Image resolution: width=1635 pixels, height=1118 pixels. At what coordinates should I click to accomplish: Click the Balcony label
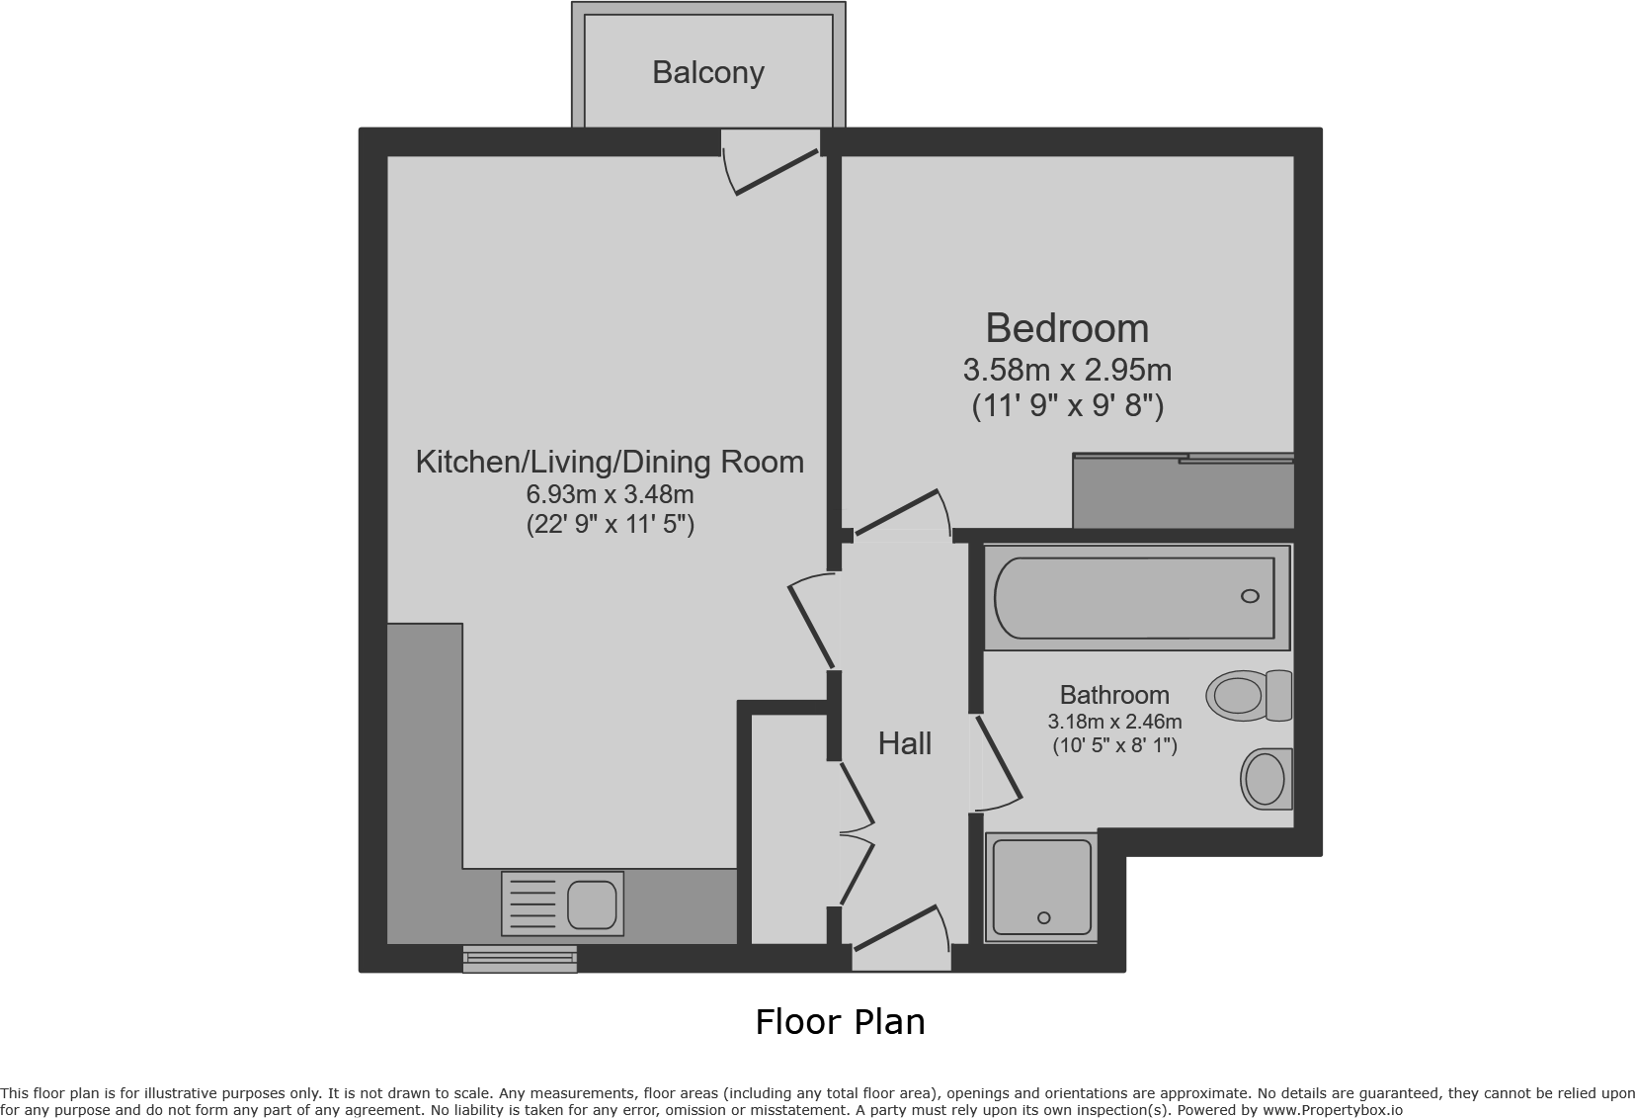(707, 72)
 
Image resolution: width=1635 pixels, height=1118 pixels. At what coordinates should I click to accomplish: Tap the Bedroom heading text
(1067, 327)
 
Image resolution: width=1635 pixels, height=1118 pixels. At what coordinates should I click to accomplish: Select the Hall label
(904, 743)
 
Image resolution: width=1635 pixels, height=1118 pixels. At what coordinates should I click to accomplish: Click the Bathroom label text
(1114, 695)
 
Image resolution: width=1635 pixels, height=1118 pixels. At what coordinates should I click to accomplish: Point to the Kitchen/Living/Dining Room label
(610, 462)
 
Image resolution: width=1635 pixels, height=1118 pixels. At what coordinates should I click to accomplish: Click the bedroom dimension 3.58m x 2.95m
(1067, 371)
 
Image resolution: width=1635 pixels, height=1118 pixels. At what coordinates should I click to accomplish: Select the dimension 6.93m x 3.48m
(610, 494)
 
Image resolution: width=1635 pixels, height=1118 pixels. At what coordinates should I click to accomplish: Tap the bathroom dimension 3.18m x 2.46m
(1114, 722)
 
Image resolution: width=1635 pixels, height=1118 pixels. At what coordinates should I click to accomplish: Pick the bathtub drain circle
(1250, 596)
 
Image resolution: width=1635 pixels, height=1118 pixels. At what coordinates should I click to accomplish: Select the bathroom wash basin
(1266, 778)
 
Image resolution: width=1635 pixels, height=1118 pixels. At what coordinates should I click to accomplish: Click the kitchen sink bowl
(592, 903)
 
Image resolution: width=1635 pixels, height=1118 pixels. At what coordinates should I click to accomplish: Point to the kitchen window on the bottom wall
(520, 958)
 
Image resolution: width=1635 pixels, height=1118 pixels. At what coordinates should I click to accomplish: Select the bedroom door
(899, 514)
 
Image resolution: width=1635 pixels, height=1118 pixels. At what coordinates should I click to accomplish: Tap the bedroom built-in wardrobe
(1183, 492)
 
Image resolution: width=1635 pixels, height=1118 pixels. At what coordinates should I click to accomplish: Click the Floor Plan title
(840, 1022)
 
